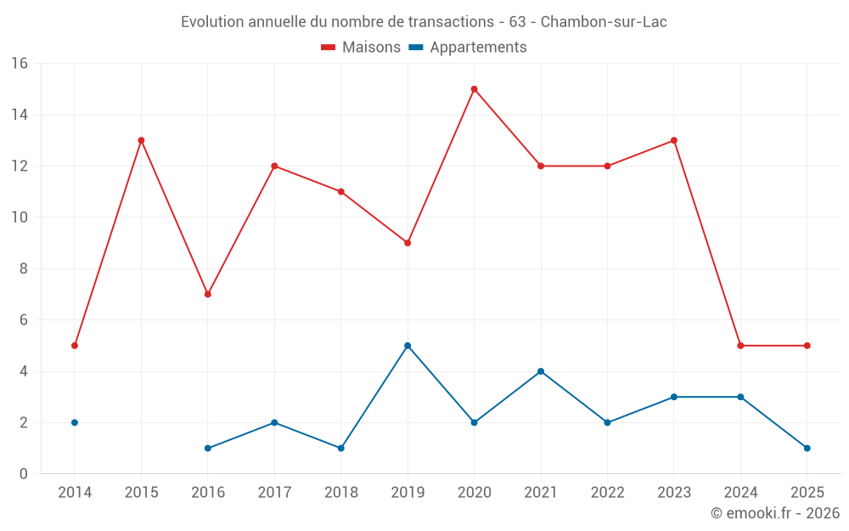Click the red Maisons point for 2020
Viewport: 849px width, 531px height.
(x=474, y=89)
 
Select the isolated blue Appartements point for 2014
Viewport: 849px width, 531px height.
(x=75, y=422)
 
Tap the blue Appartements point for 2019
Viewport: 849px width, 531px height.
(x=408, y=346)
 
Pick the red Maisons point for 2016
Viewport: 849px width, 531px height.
(x=208, y=294)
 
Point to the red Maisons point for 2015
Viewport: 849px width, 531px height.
(x=141, y=140)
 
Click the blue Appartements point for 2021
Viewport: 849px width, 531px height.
(x=541, y=371)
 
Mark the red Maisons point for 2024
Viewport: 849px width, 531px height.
(x=740, y=346)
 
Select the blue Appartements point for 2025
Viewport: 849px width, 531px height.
(x=807, y=448)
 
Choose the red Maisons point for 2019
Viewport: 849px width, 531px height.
(x=408, y=243)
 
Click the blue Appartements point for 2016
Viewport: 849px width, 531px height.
(x=208, y=448)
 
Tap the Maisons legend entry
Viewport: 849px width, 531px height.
(x=361, y=48)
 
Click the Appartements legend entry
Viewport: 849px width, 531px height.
(x=468, y=48)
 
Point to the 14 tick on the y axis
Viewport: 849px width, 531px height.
(x=20, y=115)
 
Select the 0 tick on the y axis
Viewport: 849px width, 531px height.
(x=24, y=473)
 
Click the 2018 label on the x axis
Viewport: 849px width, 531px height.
(x=340, y=493)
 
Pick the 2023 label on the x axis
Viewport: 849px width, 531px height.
(x=673, y=493)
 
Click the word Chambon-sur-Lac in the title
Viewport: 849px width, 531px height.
(x=604, y=22)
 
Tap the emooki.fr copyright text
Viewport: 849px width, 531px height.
(x=775, y=513)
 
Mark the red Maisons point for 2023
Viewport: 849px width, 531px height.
(x=673, y=140)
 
